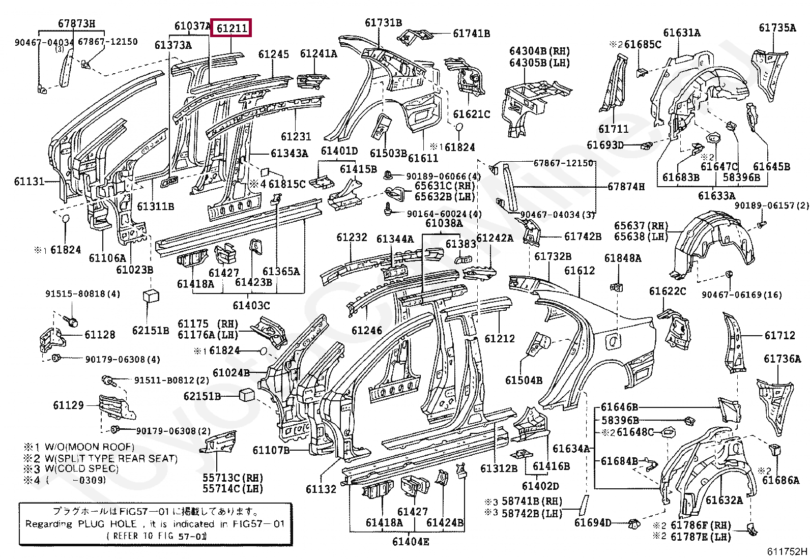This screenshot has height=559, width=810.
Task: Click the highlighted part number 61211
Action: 232,28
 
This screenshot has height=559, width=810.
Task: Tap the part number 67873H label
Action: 76,24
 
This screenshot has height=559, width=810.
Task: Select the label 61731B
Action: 383,23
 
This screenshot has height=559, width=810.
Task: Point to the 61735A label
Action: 777,28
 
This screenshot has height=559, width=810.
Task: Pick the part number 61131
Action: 29,181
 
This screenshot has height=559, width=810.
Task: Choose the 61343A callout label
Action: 290,153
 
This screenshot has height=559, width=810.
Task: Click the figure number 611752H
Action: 787,551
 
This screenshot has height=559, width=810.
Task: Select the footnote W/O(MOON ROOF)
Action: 90,447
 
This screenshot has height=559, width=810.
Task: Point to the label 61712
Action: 779,336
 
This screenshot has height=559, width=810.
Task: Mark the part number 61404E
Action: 411,542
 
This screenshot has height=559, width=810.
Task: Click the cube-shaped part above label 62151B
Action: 151,296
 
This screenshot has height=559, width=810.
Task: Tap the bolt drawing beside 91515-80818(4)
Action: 71,320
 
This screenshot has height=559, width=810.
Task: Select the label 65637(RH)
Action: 641,226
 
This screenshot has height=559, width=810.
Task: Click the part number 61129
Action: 68,405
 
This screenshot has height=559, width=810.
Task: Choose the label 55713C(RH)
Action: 233,478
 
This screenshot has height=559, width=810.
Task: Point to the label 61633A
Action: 717,196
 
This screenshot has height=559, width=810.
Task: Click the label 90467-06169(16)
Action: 742,295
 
